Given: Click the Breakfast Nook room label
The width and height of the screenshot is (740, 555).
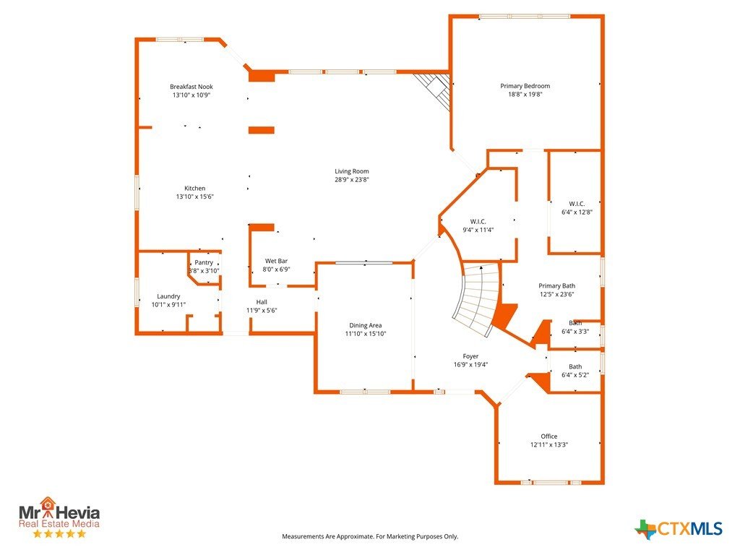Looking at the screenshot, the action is pos(191,87).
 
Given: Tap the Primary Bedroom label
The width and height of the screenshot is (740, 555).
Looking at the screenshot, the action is pos(525,86).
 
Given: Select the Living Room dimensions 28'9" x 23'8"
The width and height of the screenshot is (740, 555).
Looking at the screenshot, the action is pos(352,180).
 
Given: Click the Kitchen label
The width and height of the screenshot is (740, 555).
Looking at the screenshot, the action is pos(194,189).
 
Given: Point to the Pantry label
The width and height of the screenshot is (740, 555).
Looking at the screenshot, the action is pos(204,262).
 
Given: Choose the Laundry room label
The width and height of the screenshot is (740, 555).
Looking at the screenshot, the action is pos(168,296).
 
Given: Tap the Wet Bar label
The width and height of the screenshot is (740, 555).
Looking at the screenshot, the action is pos(276,261).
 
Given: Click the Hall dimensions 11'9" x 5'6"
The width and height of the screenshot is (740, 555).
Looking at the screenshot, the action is pos(262,311).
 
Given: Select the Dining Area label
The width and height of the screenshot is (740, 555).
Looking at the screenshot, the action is pos(365,325).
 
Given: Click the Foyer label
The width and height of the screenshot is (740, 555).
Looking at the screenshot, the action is pos(470,356).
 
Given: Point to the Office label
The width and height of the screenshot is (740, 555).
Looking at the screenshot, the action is pos(549,436).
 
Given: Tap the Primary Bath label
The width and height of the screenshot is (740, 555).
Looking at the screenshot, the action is pos(557,285).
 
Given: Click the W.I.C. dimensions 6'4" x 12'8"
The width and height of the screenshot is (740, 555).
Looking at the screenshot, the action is pos(577,212).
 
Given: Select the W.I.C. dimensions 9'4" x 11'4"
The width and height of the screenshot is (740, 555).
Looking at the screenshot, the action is pos(478,231).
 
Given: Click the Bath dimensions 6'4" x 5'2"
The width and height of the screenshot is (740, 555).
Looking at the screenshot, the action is pos(575,375).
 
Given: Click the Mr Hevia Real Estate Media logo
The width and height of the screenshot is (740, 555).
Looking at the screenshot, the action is pos(59,517).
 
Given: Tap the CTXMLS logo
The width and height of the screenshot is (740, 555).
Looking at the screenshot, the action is pos(678,528).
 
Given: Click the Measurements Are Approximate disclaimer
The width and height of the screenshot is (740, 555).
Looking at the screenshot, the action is pos(370,537).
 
